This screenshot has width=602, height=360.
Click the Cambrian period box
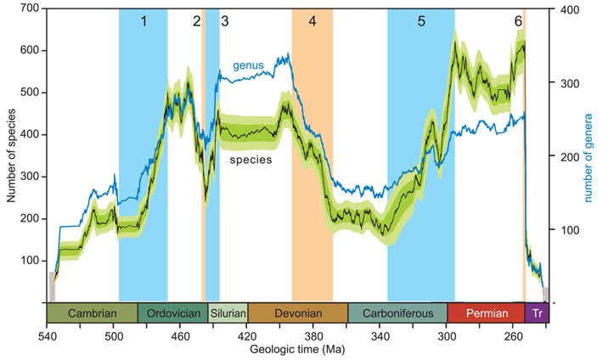pyautogui.click(x=92, y=313)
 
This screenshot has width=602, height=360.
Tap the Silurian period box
pyautogui.click(x=228, y=313)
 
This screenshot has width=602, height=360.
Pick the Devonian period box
pyautogui.click(x=297, y=313)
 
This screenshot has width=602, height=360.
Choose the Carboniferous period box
pyautogui.click(x=397, y=313)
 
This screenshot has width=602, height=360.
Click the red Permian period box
pyautogui.click(x=486, y=313)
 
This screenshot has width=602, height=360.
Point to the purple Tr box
pyautogui.click(x=537, y=313)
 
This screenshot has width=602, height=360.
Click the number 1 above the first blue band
pyautogui.click(x=143, y=22)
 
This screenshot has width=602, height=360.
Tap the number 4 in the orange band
pyautogui.click(x=312, y=22)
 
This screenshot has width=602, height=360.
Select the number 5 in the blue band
pyautogui.click(x=421, y=22)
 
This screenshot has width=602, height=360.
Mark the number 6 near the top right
pyautogui.click(x=518, y=22)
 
